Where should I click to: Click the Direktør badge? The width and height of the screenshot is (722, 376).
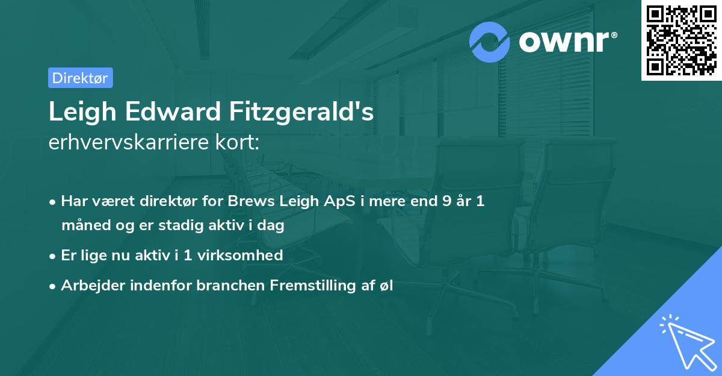80,78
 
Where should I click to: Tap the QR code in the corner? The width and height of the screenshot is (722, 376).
681,40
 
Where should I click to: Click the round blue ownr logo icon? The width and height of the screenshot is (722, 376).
490,42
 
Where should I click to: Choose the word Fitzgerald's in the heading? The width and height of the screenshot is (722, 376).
301,112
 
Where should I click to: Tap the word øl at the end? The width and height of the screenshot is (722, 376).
385,286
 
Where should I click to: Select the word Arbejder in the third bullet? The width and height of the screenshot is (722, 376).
88,286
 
